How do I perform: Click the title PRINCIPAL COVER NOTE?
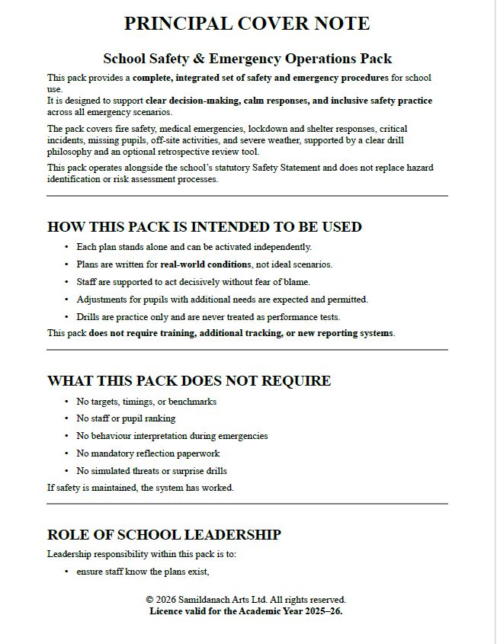(x=247, y=24)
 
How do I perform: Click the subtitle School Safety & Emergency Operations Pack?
(x=247, y=58)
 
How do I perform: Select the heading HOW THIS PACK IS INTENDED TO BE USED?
(x=204, y=226)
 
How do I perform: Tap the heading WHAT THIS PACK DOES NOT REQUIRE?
(x=189, y=380)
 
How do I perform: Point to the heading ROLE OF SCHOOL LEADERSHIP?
(x=164, y=534)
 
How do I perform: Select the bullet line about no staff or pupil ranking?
(x=126, y=418)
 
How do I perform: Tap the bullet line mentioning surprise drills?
(x=152, y=471)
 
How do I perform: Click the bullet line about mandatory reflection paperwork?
(x=152, y=453)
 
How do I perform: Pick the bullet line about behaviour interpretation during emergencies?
(x=172, y=436)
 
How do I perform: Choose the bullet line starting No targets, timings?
(x=146, y=402)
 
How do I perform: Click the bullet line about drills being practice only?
(x=208, y=317)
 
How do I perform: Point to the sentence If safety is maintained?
(x=140, y=488)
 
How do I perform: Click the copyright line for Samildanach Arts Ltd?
(x=245, y=600)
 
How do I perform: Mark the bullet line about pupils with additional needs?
(x=222, y=300)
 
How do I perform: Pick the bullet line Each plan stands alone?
(x=194, y=247)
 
